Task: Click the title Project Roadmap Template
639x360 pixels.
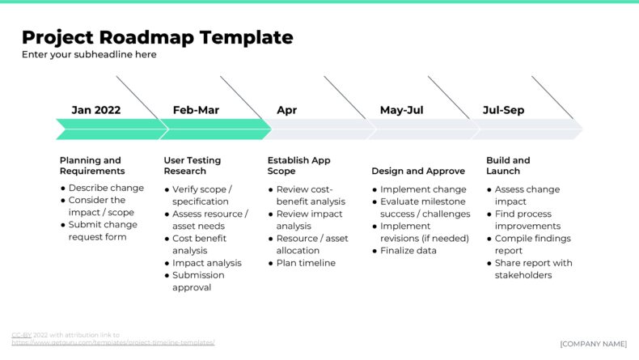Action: (x=157, y=37)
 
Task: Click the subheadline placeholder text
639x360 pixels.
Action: (x=89, y=55)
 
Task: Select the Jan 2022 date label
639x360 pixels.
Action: (x=95, y=110)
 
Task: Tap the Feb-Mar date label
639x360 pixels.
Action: (x=196, y=110)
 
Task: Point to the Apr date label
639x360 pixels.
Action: (x=286, y=110)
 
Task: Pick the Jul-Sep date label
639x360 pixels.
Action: (x=503, y=110)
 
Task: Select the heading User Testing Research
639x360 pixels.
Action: (x=192, y=166)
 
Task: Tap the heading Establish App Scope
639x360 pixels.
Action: (x=298, y=166)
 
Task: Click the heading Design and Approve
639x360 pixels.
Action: (x=418, y=172)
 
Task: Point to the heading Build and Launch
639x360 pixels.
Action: (x=508, y=166)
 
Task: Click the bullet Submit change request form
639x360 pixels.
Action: (x=103, y=231)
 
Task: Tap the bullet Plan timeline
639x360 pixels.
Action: (x=306, y=263)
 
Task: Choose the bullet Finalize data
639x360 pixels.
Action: (x=408, y=251)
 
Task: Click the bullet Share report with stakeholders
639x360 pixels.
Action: (x=533, y=269)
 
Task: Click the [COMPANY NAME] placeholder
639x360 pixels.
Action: (x=593, y=344)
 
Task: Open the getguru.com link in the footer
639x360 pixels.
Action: (x=113, y=343)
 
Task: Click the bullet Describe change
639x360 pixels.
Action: (x=106, y=188)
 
